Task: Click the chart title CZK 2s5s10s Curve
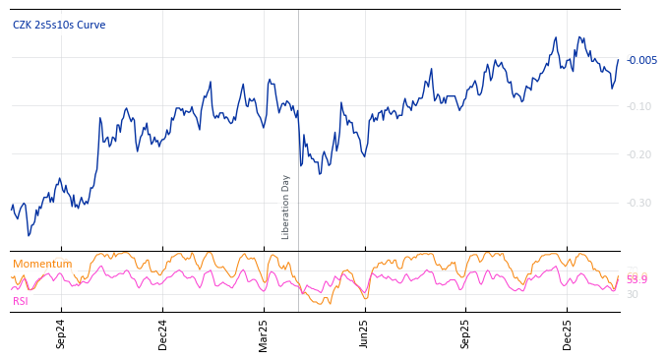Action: click(59, 26)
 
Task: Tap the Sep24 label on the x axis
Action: click(61, 333)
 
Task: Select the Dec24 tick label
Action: click(163, 333)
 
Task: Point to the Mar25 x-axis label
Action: click(264, 333)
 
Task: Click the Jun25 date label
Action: click(364, 333)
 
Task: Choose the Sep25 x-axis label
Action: click(465, 333)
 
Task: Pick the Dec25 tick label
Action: click(567, 333)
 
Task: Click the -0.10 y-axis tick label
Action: click(639, 106)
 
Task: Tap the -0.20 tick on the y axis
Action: click(639, 154)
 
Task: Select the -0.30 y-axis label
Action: click(639, 203)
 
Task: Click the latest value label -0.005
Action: click(641, 61)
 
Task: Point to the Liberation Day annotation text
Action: click(286, 207)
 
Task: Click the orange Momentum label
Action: click(42, 265)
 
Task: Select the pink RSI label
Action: click(21, 301)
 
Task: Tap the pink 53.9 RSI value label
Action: click(637, 280)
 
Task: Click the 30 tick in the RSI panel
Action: click(633, 294)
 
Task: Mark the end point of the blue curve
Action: click(618, 60)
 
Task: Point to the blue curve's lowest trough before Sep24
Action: click(29, 235)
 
